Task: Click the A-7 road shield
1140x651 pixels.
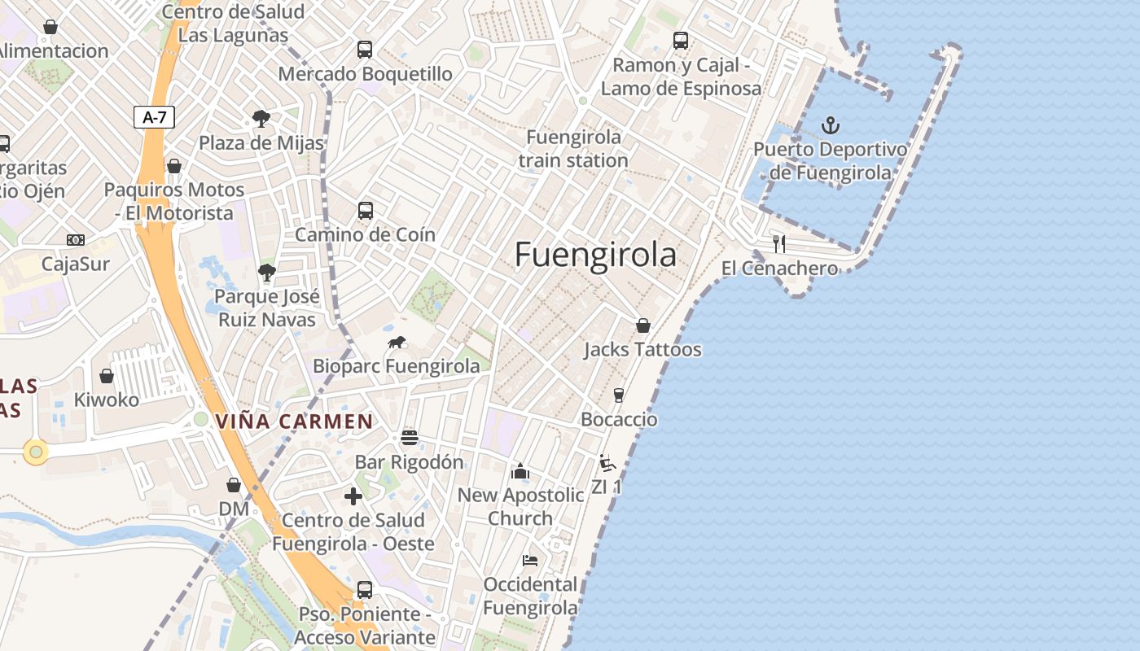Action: (154, 117)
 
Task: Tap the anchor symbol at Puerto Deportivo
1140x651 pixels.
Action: (831, 125)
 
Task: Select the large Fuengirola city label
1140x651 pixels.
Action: (595, 255)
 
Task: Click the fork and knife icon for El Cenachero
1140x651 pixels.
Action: (779, 243)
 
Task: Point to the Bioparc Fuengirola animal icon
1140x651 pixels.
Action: (397, 343)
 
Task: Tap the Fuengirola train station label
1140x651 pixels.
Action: (573, 148)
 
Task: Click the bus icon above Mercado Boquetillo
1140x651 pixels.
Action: (365, 50)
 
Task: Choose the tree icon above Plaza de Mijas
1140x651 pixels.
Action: (261, 119)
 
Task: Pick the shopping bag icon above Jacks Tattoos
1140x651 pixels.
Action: (642, 325)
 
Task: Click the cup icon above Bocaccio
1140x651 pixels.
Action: (619, 395)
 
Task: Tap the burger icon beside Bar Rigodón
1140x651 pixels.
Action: (410, 438)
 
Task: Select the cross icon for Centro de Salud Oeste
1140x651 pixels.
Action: (353, 496)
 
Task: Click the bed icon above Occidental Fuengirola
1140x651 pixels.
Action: (530, 560)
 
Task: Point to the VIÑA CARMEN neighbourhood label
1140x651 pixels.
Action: (294, 422)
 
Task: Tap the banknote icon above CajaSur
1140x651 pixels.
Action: (76, 240)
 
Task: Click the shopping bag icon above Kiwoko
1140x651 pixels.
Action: (107, 376)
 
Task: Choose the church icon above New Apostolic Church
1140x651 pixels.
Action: (520, 471)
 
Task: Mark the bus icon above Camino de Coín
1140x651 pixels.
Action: (366, 211)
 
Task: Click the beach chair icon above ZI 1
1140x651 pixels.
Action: (607, 463)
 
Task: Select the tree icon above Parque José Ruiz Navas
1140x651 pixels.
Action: (266, 273)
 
